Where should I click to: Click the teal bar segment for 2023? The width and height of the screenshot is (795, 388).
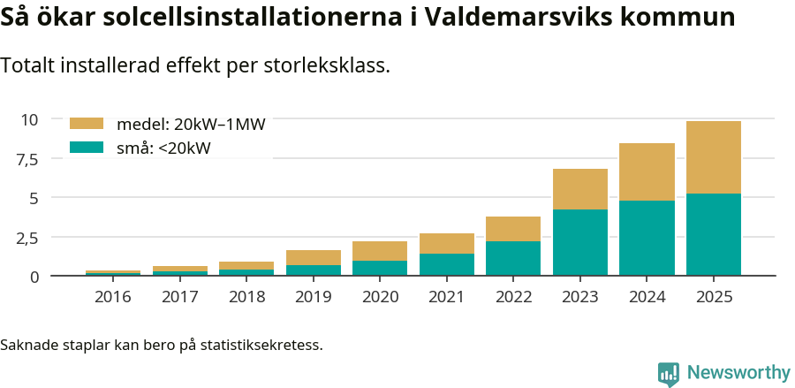point(580,242)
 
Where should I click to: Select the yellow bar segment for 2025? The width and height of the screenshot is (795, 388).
point(714,157)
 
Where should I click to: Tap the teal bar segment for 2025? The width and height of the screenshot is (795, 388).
point(714,234)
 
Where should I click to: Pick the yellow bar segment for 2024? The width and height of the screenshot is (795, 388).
point(647,171)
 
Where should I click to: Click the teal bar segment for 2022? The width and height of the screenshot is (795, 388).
point(513,258)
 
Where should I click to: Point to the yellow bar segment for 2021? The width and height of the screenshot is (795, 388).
point(446,243)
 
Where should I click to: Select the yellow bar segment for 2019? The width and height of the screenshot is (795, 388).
point(314,257)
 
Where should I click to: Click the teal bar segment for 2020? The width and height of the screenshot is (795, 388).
point(380,268)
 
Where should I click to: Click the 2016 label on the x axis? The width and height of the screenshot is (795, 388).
point(112,297)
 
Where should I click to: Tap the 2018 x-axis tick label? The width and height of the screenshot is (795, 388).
point(246,297)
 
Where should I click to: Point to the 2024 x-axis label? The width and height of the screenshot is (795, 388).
point(647,297)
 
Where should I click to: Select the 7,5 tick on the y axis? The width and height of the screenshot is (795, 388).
point(26,159)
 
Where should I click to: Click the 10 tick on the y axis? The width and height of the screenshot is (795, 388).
point(29,119)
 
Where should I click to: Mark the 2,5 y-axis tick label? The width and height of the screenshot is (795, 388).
point(26,238)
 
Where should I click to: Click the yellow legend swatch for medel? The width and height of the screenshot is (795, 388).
point(87,125)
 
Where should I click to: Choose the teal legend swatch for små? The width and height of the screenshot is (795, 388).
point(87,148)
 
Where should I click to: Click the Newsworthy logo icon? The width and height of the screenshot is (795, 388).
point(669,373)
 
